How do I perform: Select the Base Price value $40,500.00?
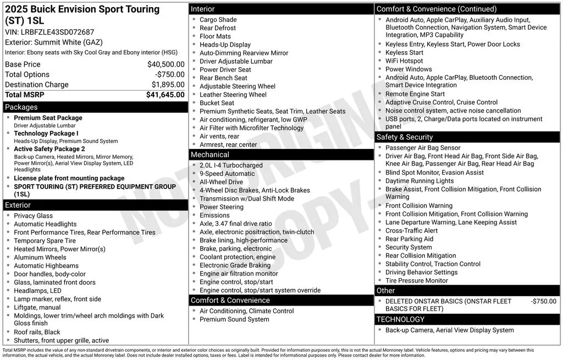165,64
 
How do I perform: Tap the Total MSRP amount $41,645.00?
165,95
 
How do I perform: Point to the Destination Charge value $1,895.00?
168,85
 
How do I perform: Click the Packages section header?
21,107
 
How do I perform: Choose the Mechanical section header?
210,155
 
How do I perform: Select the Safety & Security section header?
405,137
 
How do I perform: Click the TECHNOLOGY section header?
400,319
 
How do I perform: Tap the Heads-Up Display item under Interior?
225,45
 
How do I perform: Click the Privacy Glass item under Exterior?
33,216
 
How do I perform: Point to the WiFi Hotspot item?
404,61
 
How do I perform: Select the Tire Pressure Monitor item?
416,281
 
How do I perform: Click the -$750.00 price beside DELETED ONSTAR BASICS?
543,301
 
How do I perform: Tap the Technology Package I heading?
46,134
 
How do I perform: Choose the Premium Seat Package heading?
48,118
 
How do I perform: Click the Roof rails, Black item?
37,333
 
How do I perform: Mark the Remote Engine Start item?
415,94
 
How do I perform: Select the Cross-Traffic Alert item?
411,231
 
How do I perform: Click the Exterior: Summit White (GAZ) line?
54,42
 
